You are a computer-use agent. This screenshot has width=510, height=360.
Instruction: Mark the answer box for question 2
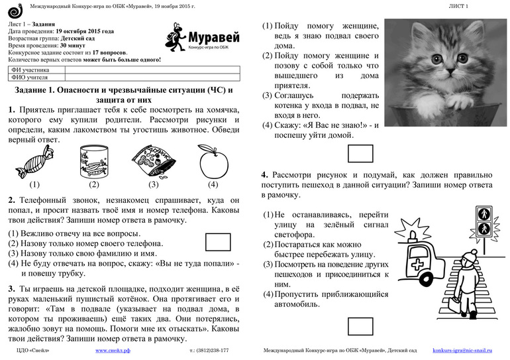click(218, 241)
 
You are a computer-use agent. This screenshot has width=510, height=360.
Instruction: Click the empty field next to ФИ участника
click(152, 68)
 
